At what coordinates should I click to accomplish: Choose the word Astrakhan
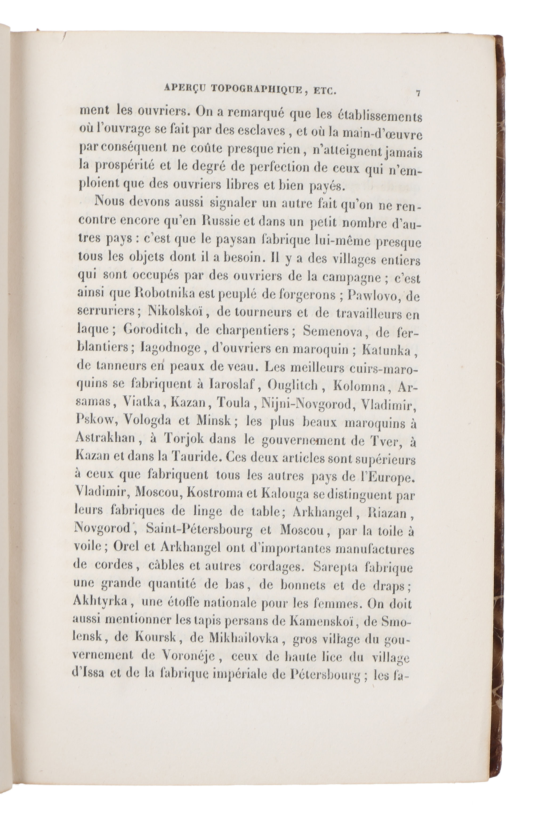click(x=106, y=438)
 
